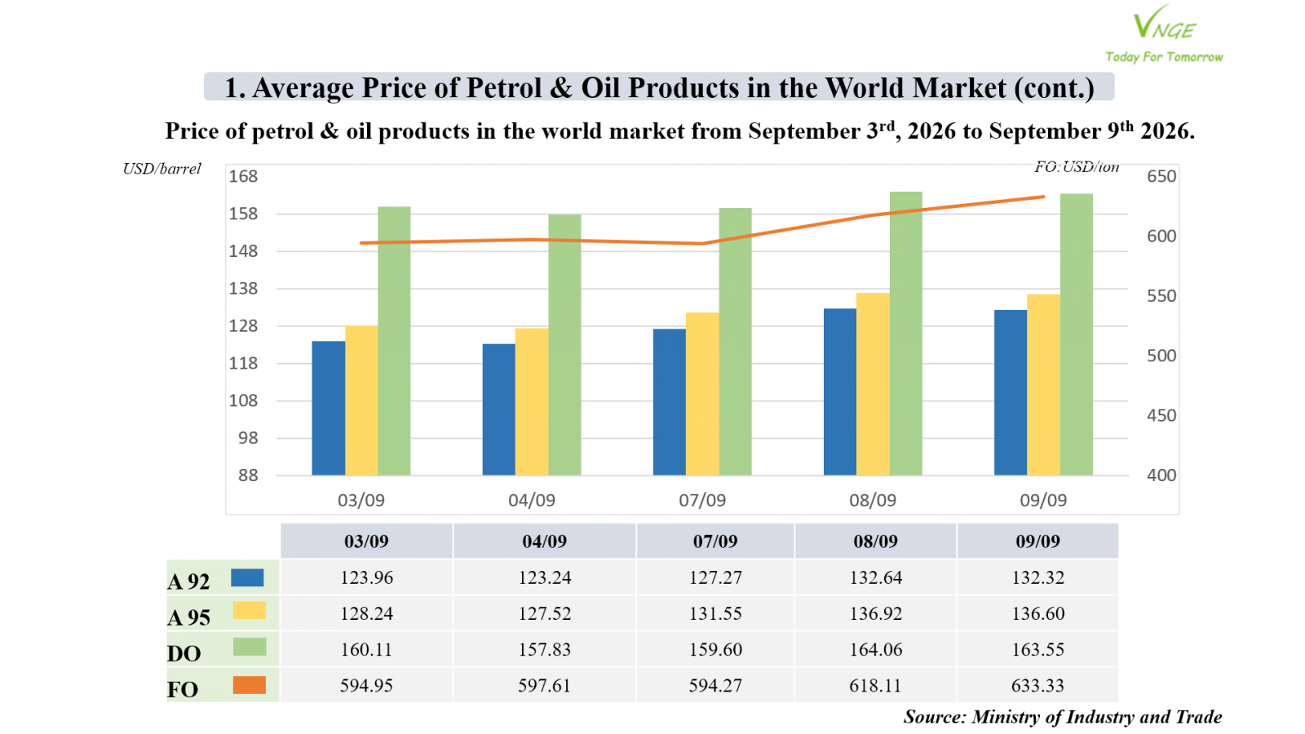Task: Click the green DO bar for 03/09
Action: (394, 341)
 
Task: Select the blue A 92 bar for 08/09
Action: (840, 391)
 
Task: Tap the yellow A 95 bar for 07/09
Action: (702, 394)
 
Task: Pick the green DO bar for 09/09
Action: (1076, 334)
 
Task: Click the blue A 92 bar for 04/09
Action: (498, 409)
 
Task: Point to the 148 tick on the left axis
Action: (243, 251)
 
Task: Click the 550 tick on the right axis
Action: (1161, 296)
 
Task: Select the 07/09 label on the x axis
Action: (702, 500)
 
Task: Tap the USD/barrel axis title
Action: (162, 169)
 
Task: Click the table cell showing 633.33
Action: (1037, 685)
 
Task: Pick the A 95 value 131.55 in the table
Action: (715, 613)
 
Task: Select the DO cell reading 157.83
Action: (545, 649)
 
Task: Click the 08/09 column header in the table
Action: (876, 542)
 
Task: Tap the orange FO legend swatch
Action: (250, 685)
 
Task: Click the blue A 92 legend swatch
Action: (248, 578)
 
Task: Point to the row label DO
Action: (184, 653)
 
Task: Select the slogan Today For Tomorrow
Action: (1164, 57)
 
